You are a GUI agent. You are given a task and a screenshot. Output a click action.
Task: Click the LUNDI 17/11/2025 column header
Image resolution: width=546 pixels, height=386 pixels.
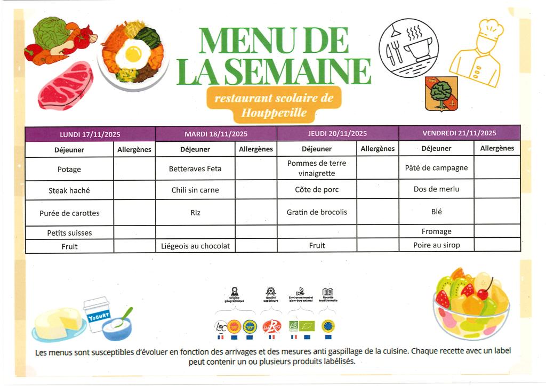click(x=90, y=134)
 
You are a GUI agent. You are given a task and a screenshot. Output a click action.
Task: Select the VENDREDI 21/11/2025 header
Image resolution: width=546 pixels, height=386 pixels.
click(x=459, y=133)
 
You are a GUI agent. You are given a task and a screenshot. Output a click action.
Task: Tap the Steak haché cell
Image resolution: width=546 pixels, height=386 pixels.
click(x=69, y=190)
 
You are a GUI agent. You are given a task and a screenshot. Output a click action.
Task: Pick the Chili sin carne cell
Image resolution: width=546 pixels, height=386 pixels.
click(x=195, y=190)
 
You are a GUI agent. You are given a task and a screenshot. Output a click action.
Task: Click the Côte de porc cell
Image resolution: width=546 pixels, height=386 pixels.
click(x=317, y=190)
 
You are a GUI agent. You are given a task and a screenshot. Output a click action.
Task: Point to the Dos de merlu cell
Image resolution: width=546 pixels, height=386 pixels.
click(x=436, y=189)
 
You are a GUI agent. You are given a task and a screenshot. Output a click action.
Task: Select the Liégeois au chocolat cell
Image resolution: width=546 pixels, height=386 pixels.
click(x=196, y=246)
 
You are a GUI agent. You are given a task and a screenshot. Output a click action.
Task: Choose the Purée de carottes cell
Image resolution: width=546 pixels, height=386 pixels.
click(x=69, y=213)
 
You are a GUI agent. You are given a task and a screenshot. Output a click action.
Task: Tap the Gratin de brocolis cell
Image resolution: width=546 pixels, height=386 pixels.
click(x=317, y=212)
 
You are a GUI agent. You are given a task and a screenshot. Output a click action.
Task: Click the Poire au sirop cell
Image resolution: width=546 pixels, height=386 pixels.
click(x=436, y=245)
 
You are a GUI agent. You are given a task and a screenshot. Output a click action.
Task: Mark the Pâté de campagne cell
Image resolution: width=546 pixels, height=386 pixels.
click(x=436, y=168)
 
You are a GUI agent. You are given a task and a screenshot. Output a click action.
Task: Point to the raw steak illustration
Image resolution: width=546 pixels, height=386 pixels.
click(x=65, y=85)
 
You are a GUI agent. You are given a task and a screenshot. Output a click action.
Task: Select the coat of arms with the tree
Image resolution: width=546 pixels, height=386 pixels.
click(x=441, y=93)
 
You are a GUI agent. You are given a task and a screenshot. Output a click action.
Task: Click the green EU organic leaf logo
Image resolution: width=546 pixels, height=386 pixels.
click(x=307, y=326)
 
